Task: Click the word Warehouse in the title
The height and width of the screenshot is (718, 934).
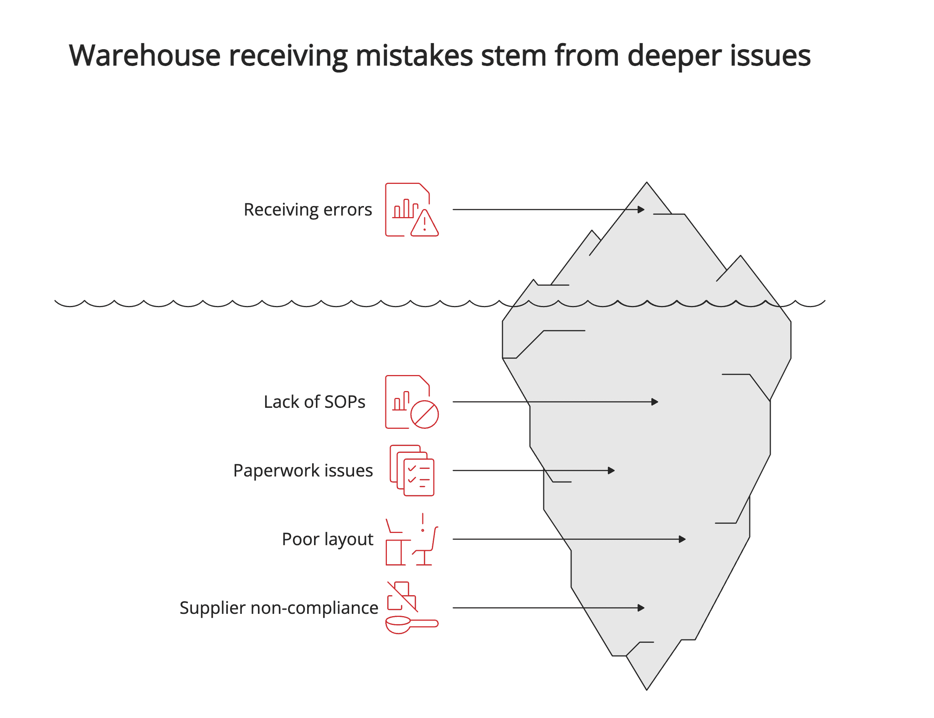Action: (x=144, y=56)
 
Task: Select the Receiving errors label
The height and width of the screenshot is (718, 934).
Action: (x=308, y=209)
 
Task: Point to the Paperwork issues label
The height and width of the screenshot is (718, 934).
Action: (x=303, y=470)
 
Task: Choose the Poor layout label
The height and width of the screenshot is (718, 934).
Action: (x=327, y=539)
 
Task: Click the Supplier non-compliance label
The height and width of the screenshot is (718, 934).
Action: (x=279, y=608)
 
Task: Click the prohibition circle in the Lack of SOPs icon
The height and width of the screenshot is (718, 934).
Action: (x=425, y=415)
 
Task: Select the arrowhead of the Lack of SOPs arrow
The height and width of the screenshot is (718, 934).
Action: (x=654, y=402)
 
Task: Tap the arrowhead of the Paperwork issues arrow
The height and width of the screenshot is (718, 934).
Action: (x=611, y=470)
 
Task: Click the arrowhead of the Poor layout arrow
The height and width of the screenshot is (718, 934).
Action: (x=682, y=539)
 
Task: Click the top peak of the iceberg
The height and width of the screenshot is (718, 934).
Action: (x=647, y=183)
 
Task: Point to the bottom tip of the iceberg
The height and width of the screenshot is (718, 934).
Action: (x=647, y=689)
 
